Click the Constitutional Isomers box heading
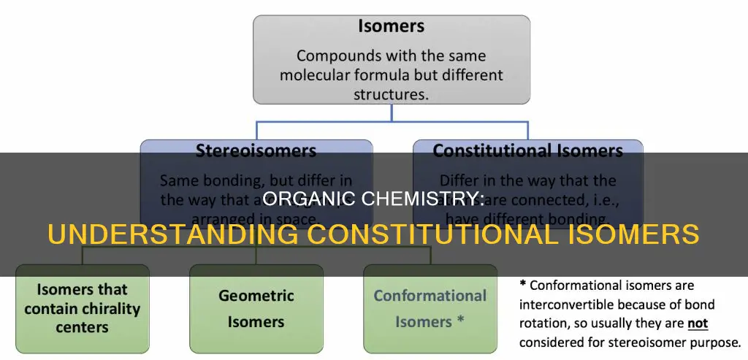click(x=527, y=151)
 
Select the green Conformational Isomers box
click(x=430, y=307)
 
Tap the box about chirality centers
click(x=82, y=307)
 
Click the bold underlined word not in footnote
click(x=698, y=323)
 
